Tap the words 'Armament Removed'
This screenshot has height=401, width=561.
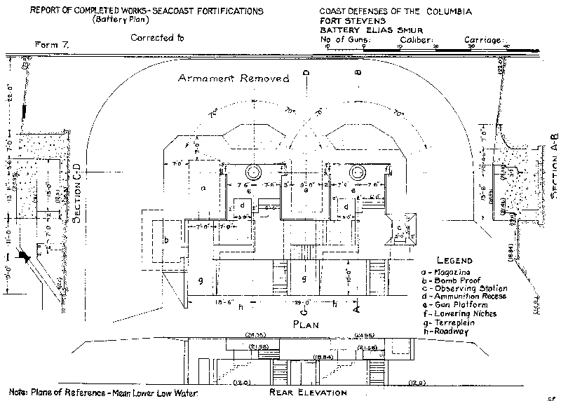point(233,79)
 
